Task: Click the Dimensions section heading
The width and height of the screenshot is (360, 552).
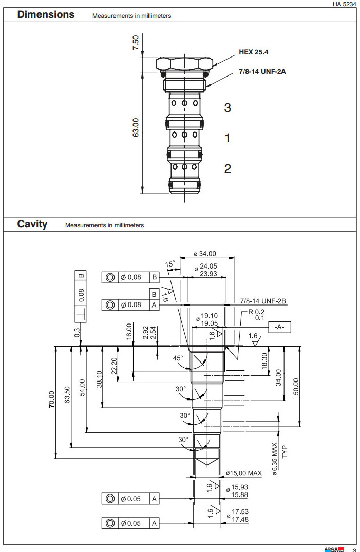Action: pyautogui.click(x=46, y=15)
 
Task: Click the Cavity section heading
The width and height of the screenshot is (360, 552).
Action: pyautogui.click(x=32, y=224)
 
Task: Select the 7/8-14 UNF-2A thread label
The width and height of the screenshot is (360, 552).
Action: pyautogui.click(x=262, y=71)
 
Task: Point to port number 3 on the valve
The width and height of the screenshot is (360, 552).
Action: pyautogui.click(x=227, y=108)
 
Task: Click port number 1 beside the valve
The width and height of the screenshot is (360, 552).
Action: pyautogui.click(x=227, y=138)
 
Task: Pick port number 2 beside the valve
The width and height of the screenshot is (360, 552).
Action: pyautogui.click(x=227, y=168)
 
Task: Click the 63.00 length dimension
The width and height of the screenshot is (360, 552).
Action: pyautogui.click(x=136, y=127)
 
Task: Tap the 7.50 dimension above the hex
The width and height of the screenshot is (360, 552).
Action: pyautogui.click(x=136, y=43)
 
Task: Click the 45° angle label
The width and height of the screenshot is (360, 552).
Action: pyautogui.click(x=178, y=359)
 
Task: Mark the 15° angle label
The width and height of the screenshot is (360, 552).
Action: pyautogui.click(x=170, y=264)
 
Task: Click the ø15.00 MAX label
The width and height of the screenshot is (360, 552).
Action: pyautogui.click(x=244, y=473)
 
